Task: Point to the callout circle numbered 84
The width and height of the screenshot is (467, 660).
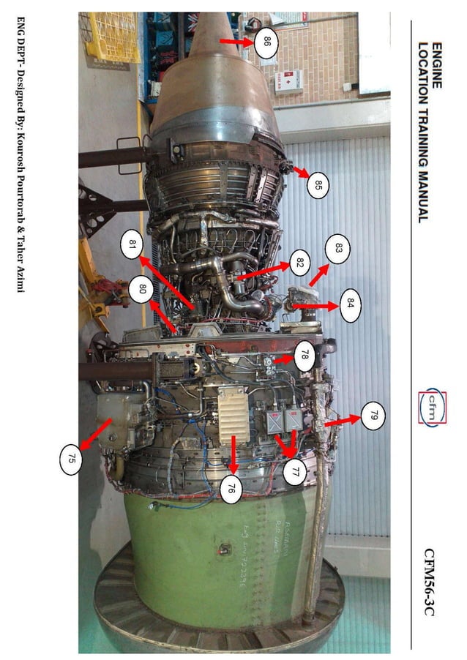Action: click(351, 302)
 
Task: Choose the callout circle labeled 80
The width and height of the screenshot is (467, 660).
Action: click(143, 289)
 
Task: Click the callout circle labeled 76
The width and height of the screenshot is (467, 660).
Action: click(231, 488)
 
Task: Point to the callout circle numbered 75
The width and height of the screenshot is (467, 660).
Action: click(71, 460)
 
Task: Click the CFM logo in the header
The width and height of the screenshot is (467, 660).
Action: click(431, 409)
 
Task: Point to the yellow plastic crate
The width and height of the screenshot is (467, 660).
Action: click(110, 37)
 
